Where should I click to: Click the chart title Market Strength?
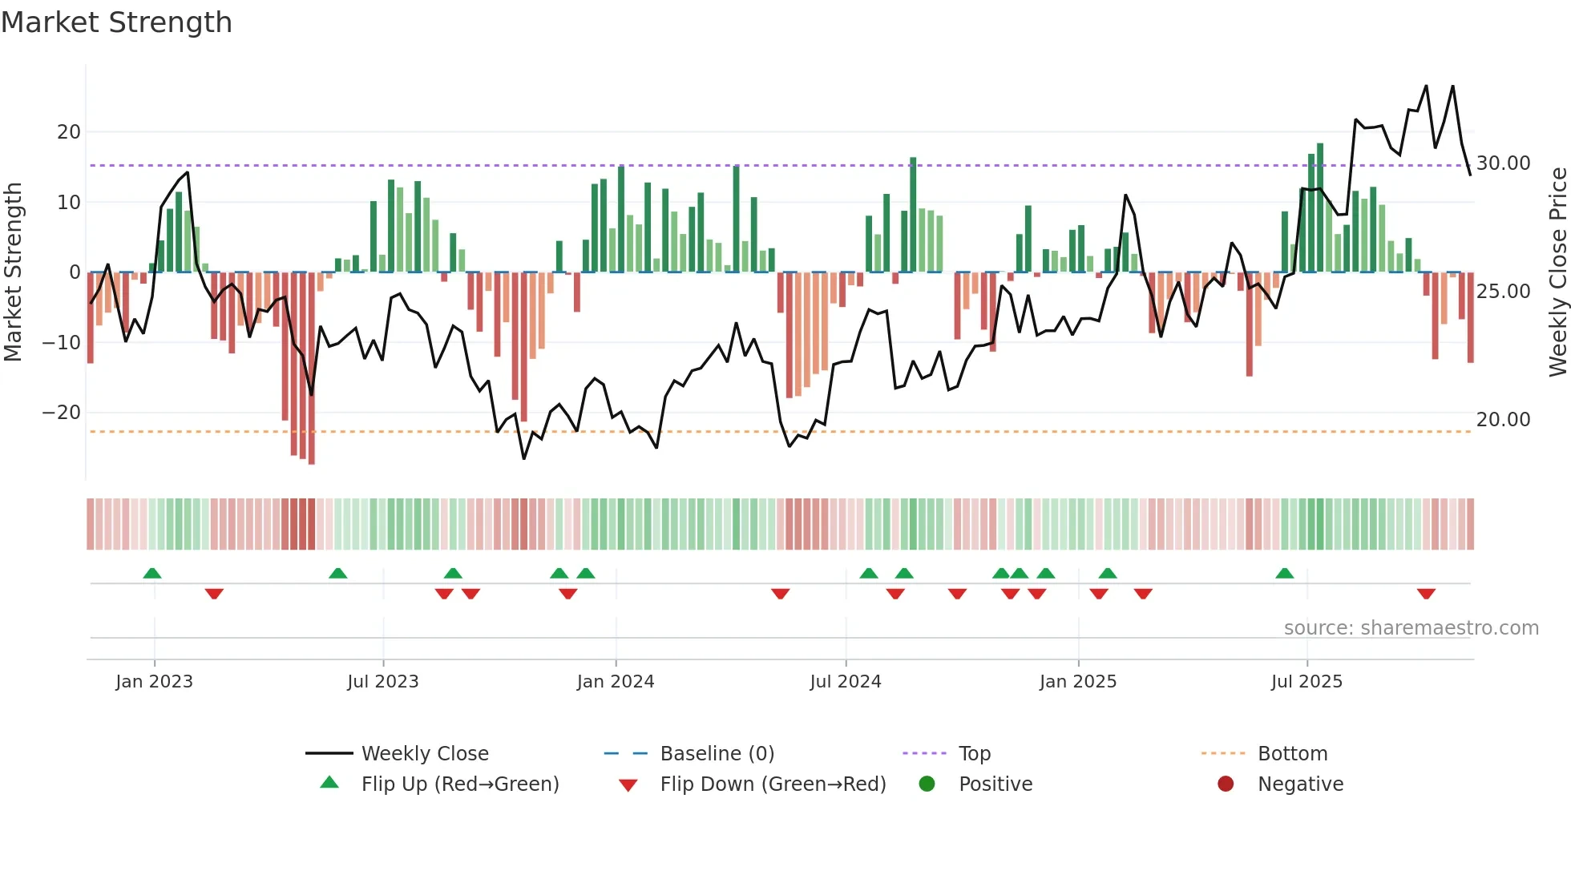[x=116, y=22]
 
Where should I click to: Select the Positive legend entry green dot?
[x=927, y=784]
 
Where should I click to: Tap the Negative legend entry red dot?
[x=1226, y=784]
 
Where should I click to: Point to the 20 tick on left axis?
[x=69, y=131]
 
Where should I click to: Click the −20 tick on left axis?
[x=62, y=413]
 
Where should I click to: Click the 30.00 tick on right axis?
[x=1503, y=163]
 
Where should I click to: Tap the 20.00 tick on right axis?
[x=1503, y=420]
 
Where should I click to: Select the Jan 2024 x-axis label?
[x=615, y=682]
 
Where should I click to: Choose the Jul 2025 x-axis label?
[x=1306, y=682]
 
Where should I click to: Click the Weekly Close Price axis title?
[x=1557, y=272]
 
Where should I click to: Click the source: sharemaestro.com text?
[x=1411, y=628]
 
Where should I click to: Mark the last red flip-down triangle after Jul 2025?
[x=1426, y=594]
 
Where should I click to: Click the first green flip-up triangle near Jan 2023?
[x=152, y=573]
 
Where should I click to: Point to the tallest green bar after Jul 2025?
[x=1320, y=208]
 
